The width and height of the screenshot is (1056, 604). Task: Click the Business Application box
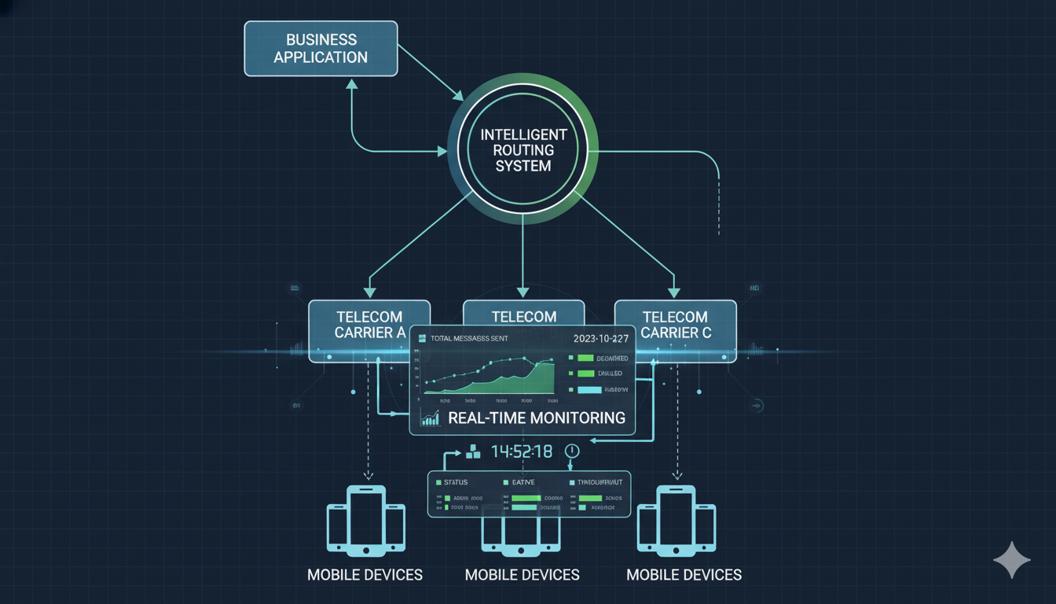pyautogui.click(x=321, y=49)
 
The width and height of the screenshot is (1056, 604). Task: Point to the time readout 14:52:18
pyautogui.click(x=521, y=451)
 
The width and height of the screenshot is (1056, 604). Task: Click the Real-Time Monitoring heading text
pyautogui.click(x=536, y=418)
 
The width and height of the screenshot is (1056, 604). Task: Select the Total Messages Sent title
pyautogui.click(x=469, y=338)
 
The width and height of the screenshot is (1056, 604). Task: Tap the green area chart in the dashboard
pyautogui.click(x=503, y=381)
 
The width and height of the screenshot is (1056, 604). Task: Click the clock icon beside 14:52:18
pyautogui.click(x=571, y=451)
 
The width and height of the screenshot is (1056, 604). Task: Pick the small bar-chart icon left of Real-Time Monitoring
pyautogui.click(x=430, y=418)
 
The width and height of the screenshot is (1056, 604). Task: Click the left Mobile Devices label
pyautogui.click(x=365, y=575)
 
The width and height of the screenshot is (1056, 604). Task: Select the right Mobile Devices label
pyautogui.click(x=684, y=575)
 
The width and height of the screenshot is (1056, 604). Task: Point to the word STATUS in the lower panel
pyautogui.click(x=456, y=481)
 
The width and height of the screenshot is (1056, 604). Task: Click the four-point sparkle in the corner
pyautogui.click(x=1011, y=560)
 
